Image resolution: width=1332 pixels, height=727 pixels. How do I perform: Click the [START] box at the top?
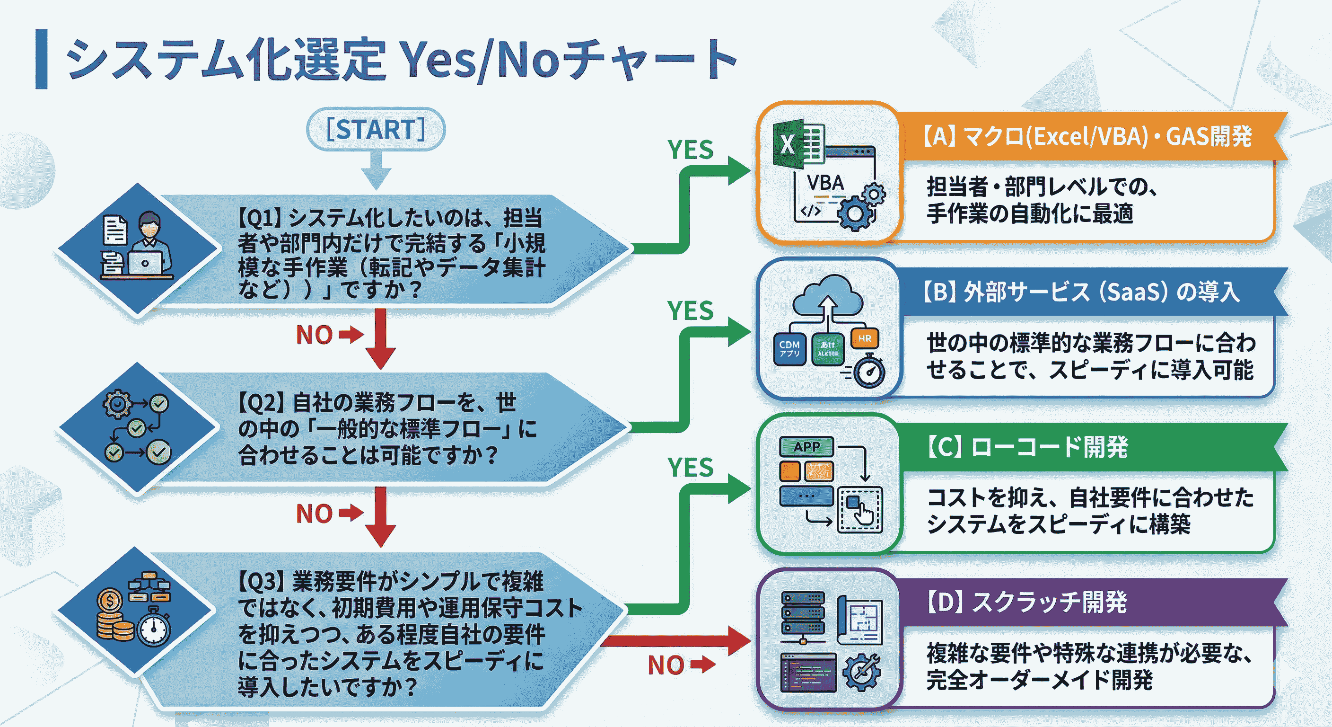click(376, 129)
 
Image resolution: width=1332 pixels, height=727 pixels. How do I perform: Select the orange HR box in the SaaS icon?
click(864, 339)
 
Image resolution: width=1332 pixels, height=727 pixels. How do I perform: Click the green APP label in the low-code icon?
click(806, 446)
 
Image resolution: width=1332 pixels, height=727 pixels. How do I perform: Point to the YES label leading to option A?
click(690, 150)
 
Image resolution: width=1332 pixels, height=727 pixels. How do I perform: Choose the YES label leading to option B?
click(690, 311)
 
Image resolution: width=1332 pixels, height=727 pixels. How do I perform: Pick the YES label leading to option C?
click(690, 468)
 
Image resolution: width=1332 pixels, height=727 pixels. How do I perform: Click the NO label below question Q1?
click(314, 335)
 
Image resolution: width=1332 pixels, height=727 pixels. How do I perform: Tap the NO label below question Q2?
click(314, 514)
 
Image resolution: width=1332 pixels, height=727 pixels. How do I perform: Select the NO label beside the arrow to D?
click(666, 665)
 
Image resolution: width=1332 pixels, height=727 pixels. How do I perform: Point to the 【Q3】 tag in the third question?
click(261, 582)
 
